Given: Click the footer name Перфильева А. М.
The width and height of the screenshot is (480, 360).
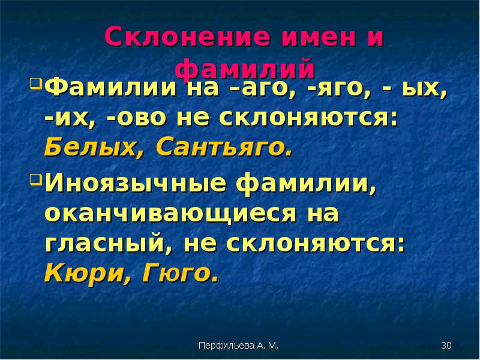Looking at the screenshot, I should click(238, 346).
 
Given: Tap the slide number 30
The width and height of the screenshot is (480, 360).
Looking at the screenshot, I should click(446, 346).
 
